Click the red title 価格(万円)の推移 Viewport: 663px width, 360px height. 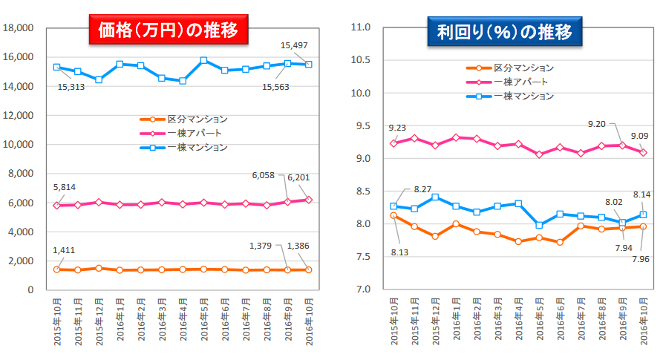coord(167,30)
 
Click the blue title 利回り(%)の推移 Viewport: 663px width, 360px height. coord(505,33)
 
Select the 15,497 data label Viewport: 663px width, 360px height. coord(292,45)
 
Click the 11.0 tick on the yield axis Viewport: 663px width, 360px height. coord(360,27)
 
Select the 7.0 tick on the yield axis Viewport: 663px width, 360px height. coord(362,289)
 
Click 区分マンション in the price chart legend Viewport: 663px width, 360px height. coord(197,119)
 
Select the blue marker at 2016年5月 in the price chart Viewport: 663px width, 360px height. coord(203,61)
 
